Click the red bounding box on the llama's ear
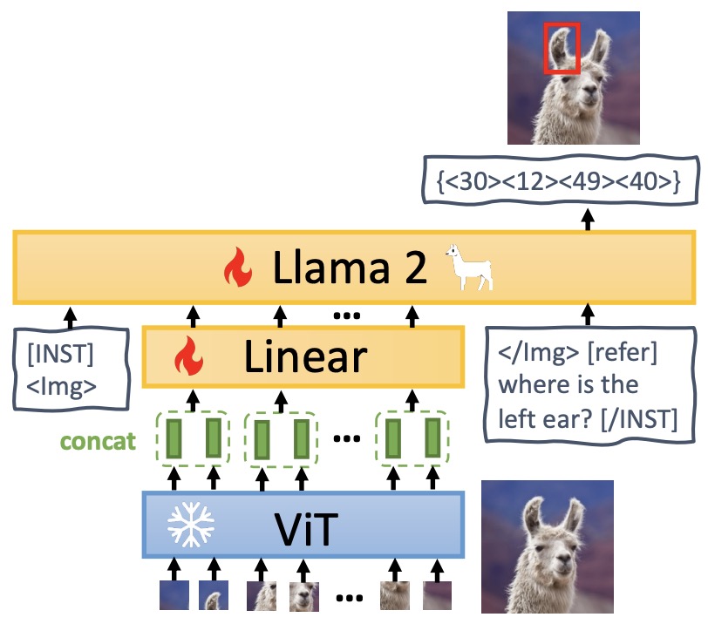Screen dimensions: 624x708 pos(562,49)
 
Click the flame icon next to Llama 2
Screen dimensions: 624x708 pos(238,268)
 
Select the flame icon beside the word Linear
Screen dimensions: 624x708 pos(187,356)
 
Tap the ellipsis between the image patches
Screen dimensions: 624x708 pos(349,598)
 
